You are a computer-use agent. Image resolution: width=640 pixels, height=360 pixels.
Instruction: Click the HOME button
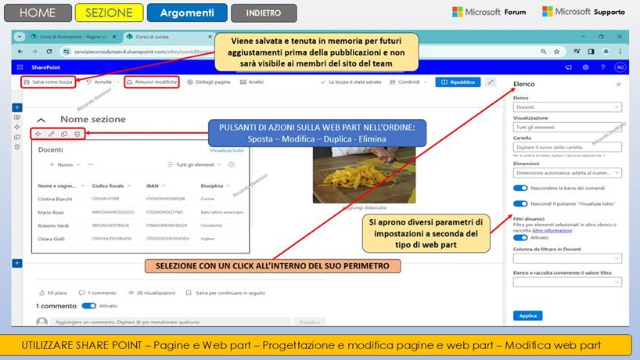click(x=37, y=13)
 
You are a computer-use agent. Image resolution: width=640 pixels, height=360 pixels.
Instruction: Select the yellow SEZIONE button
click(x=109, y=13)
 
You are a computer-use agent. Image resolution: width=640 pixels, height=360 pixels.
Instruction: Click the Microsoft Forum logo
click(x=489, y=12)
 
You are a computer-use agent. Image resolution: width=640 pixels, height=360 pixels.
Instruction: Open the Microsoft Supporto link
click(x=584, y=12)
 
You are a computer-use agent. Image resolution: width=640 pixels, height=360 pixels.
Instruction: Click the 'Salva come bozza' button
click(x=49, y=82)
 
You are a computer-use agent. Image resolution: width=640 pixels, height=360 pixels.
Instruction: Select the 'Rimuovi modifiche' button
click(x=152, y=82)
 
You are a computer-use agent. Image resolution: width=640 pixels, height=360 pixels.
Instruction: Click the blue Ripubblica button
click(x=458, y=82)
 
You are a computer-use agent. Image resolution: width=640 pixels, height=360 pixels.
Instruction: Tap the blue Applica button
click(x=527, y=315)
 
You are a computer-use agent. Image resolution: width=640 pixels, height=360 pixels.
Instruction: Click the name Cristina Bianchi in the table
click(x=54, y=200)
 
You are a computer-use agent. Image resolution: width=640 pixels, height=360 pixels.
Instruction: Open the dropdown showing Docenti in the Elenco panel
click(x=567, y=106)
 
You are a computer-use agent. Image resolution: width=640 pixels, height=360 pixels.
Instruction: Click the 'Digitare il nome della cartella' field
click(x=567, y=146)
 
